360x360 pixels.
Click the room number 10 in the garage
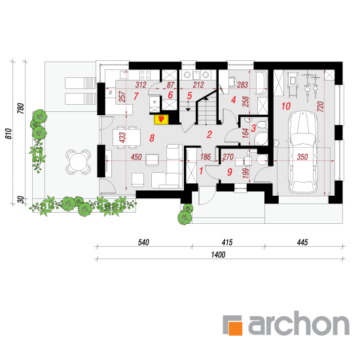coord(286,106)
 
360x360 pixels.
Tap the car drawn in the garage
coord(302,152)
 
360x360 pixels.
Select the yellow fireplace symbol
coord(162,119)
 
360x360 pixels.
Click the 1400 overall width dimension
coord(218,255)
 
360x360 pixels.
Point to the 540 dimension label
coord(143,242)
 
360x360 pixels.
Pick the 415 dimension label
coord(227,242)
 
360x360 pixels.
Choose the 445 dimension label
coord(302,242)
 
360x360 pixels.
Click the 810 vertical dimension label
coord(9,134)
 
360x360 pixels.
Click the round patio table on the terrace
coord(78,162)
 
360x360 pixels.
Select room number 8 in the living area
coord(152,138)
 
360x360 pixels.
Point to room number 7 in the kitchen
coord(136,96)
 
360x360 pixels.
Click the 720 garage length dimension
coord(321,107)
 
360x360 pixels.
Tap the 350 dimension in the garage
coord(302,157)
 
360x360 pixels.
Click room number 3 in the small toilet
coord(253,128)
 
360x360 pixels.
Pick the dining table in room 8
coord(126,137)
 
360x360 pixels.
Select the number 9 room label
coord(230,172)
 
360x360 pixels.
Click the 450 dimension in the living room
coord(136,157)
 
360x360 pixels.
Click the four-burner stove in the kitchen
coord(145,75)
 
